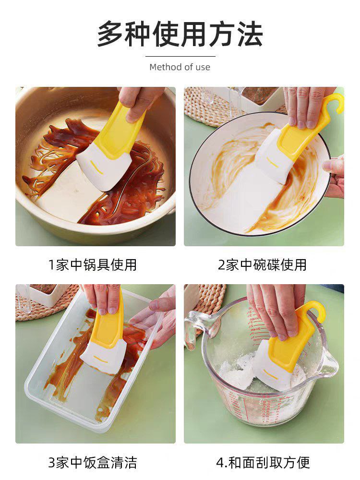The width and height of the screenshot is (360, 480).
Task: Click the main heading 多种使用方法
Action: click(x=180, y=34)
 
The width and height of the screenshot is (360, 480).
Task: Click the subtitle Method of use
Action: click(x=180, y=67)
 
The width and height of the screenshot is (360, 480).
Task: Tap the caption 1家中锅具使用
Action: click(x=93, y=265)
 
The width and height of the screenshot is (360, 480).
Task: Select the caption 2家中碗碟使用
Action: click(x=263, y=265)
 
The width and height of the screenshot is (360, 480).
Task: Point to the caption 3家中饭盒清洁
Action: click(x=93, y=463)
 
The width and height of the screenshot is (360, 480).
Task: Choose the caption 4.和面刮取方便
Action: click(x=263, y=463)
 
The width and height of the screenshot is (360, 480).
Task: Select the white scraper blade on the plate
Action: click(x=273, y=159)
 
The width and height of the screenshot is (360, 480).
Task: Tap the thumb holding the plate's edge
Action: click(x=333, y=165)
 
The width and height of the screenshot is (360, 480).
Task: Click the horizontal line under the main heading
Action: click(x=180, y=56)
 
